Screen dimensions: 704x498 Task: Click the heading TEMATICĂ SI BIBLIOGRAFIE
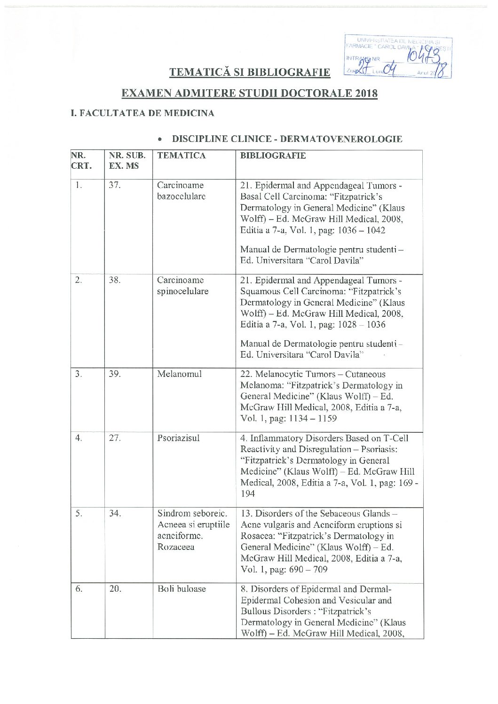point(249,72)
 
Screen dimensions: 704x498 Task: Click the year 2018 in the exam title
point(366,93)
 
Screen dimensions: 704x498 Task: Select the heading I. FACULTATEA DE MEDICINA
point(142,113)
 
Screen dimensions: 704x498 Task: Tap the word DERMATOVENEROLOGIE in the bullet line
point(341,139)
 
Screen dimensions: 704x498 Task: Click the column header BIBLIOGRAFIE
point(273,156)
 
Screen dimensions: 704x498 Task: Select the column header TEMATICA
point(182,156)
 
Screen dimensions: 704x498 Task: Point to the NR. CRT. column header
point(81,161)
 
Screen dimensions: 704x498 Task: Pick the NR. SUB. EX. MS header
point(127,161)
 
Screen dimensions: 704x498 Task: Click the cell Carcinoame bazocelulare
point(181,191)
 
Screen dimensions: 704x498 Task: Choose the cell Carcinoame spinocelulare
point(182,286)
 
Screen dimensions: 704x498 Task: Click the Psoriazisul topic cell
point(179,438)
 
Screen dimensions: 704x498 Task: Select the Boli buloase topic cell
point(182,589)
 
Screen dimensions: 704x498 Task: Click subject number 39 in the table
point(115,374)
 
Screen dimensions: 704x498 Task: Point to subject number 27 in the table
point(115,438)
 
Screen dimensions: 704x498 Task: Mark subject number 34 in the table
point(115,513)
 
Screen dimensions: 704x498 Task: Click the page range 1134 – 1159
point(310,418)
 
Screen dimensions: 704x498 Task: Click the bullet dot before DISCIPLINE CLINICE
point(161,140)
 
